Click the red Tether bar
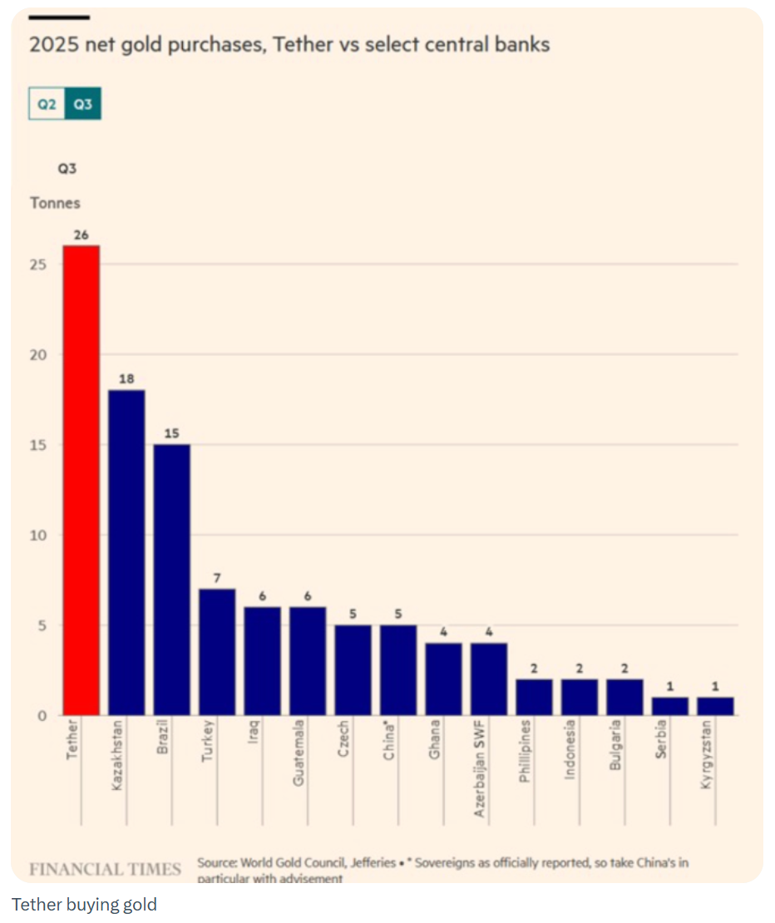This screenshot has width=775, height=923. (81, 480)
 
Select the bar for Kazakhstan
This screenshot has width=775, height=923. (126, 552)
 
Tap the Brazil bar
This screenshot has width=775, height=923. (171, 580)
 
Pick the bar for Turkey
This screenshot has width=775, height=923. (217, 652)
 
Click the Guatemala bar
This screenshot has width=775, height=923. (308, 661)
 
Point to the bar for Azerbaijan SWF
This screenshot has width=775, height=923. (489, 679)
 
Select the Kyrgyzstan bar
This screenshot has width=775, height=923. (715, 706)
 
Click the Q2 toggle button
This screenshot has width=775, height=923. (47, 105)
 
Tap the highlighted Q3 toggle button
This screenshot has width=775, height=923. (82, 105)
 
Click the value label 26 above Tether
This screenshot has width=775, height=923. (81, 235)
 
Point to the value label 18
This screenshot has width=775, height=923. (126, 379)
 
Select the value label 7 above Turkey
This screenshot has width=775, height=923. (217, 578)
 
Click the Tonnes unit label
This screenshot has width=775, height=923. (55, 203)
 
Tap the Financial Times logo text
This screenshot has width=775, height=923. (105, 869)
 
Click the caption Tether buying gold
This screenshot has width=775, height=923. (84, 904)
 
